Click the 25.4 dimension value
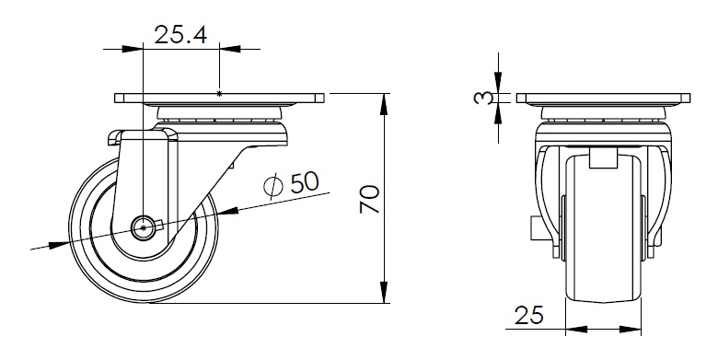pos(180,35)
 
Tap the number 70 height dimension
pos(370,199)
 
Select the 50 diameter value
pos(305,181)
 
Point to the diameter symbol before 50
pos(273,186)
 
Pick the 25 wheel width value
pos(529,315)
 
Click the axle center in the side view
pos(144,227)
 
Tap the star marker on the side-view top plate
pos(219,94)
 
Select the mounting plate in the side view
pos(219,98)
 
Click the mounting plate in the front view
pos(603,98)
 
